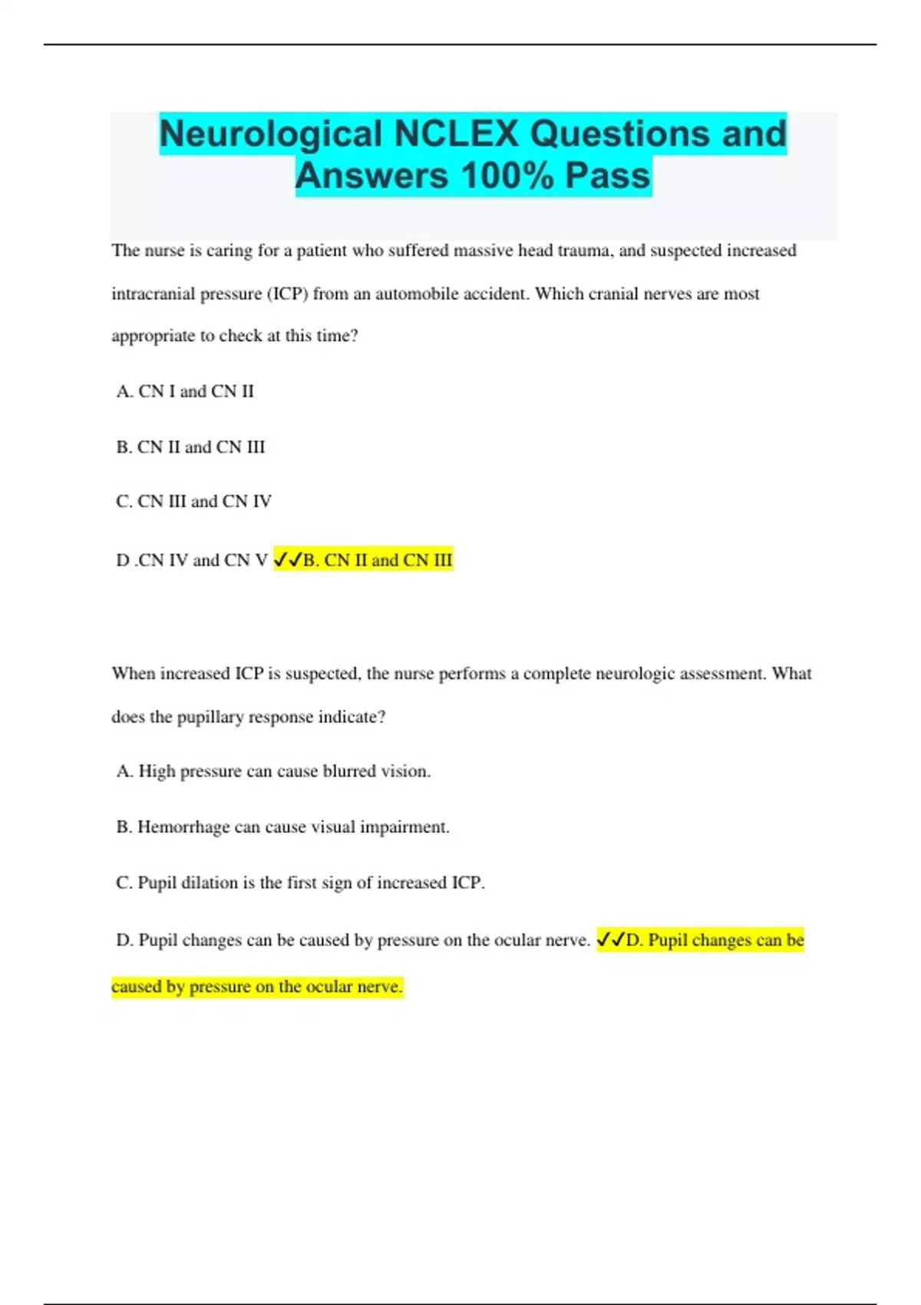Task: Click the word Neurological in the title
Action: (271, 134)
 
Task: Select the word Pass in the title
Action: (608, 176)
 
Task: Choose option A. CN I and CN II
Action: (185, 391)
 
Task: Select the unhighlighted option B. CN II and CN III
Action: (190, 447)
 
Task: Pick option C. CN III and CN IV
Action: (193, 501)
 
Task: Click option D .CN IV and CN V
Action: (191, 560)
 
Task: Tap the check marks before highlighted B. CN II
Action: (288, 560)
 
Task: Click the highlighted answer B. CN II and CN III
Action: (378, 560)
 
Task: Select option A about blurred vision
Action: (273, 771)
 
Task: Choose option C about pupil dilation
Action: (300, 883)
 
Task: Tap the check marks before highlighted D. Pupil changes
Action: (611, 940)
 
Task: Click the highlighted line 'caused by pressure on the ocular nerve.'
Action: (257, 986)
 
